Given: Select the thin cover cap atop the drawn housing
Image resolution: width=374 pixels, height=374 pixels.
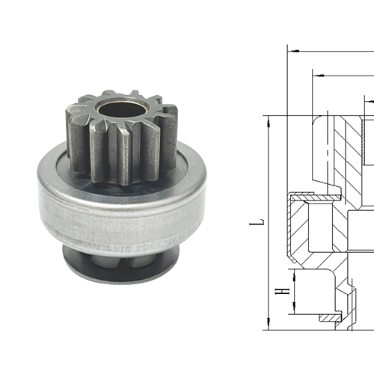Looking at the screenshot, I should pos(314,196).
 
